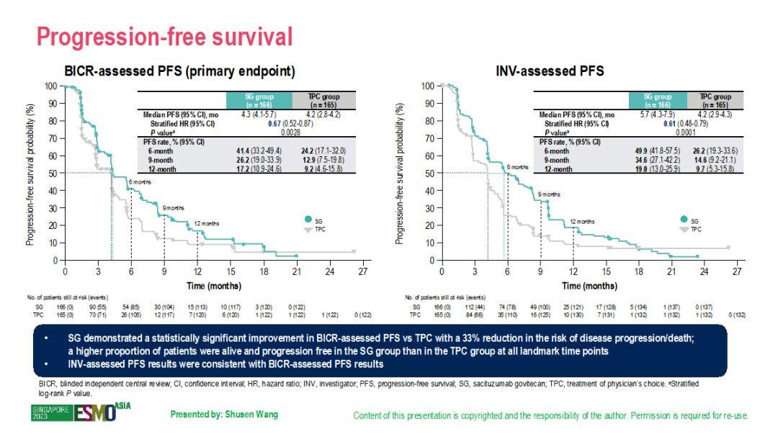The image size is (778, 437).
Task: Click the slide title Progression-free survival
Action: [x=165, y=36]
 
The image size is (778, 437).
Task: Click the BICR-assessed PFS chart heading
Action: [x=180, y=72]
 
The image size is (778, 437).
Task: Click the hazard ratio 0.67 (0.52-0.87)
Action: [x=259, y=124]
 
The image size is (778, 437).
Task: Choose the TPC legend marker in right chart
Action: [x=684, y=230]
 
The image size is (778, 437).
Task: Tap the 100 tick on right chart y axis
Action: [x=428, y=86]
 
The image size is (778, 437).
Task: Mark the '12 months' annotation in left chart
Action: [x=207, y=223]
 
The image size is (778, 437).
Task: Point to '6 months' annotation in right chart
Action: [x=517, y=167]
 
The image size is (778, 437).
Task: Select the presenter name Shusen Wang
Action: [x=223, y=415]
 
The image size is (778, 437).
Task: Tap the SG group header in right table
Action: [x=657, y=100]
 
